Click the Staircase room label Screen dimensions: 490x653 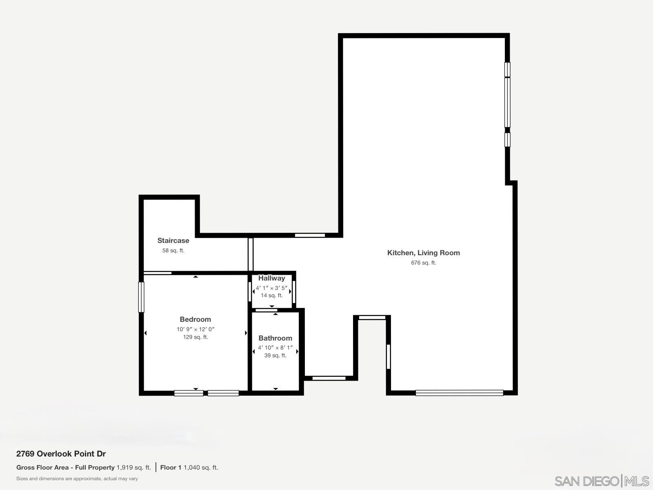click(173, 241)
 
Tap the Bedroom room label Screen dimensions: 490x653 click(195, 319)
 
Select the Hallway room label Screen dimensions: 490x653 click(271, 278)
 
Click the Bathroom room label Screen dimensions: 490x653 click(275, 338)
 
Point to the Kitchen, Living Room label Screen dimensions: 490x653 click(423, 253)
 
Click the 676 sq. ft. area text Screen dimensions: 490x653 click(423, 263)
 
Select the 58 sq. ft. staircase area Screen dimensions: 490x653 click(173, 251)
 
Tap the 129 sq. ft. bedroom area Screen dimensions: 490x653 click(195, 337)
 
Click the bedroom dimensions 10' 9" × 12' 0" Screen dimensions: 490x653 click(195, 329)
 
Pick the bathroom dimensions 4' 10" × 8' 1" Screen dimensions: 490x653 click(275, 348)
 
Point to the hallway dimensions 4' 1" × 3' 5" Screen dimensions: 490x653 click(271, 288)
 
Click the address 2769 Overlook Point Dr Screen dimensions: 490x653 click(61, 454)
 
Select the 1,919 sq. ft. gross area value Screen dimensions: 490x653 click(133, 468)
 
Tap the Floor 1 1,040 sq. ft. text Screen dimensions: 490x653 click(189, 468)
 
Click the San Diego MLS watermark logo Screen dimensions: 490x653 click(601, 481)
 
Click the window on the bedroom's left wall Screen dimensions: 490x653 click(141, 297)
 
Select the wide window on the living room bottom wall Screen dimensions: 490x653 click(459, 393)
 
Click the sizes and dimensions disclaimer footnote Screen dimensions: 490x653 click(77, 479)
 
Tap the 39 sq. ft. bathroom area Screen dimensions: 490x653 click(275, 356)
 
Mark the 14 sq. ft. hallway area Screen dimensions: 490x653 click(271, 296)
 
